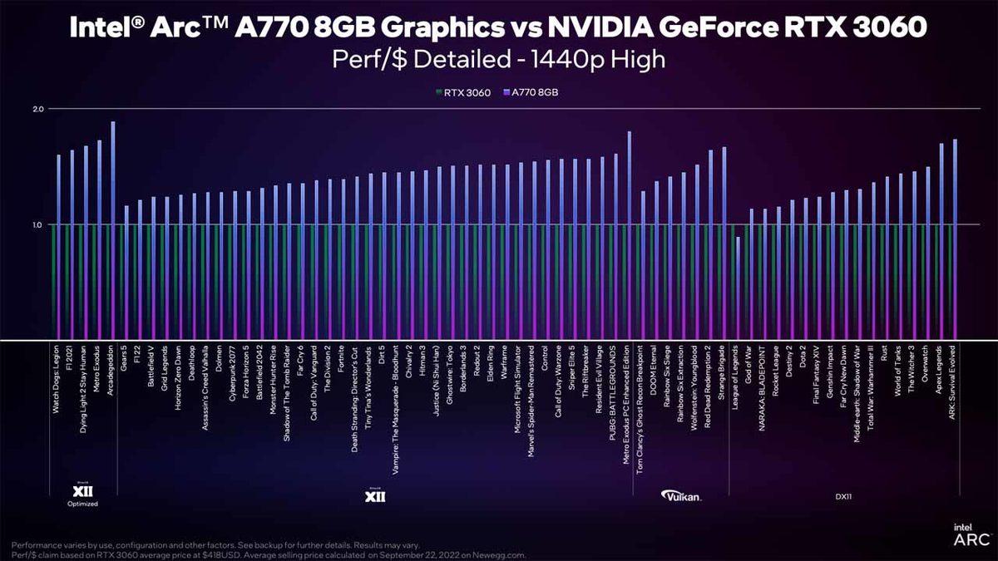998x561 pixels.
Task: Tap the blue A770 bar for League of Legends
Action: click(738, 288)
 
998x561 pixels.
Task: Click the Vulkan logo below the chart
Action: click(681, 496)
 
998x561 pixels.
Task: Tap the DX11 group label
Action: click(844, 496)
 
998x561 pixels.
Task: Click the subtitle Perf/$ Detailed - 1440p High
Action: click(498, 59)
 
